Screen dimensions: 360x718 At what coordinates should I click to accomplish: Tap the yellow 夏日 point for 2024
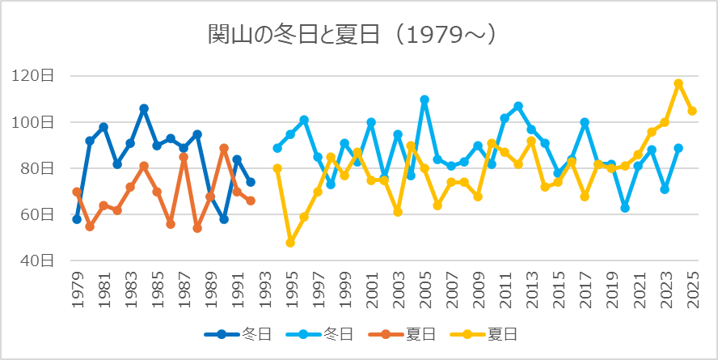click(x=678, y=83)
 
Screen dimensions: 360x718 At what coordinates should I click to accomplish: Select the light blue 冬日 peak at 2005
click(x=424, y=100)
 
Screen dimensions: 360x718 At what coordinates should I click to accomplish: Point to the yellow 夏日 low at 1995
click(x=290, y=243)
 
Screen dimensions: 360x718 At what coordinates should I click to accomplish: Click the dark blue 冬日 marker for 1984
click(x=144, y=108)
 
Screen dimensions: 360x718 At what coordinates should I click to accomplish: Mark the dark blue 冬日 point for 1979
click(x=77, y=219)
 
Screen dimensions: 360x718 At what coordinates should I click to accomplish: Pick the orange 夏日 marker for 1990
click(x=224, y=148)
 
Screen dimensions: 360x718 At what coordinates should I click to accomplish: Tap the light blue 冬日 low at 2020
click(x=625, y=208)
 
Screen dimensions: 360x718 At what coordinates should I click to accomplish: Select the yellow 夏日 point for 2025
click(x=692, y=111)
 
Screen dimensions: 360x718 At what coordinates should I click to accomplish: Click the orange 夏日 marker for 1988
click(x=197, y=228)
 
